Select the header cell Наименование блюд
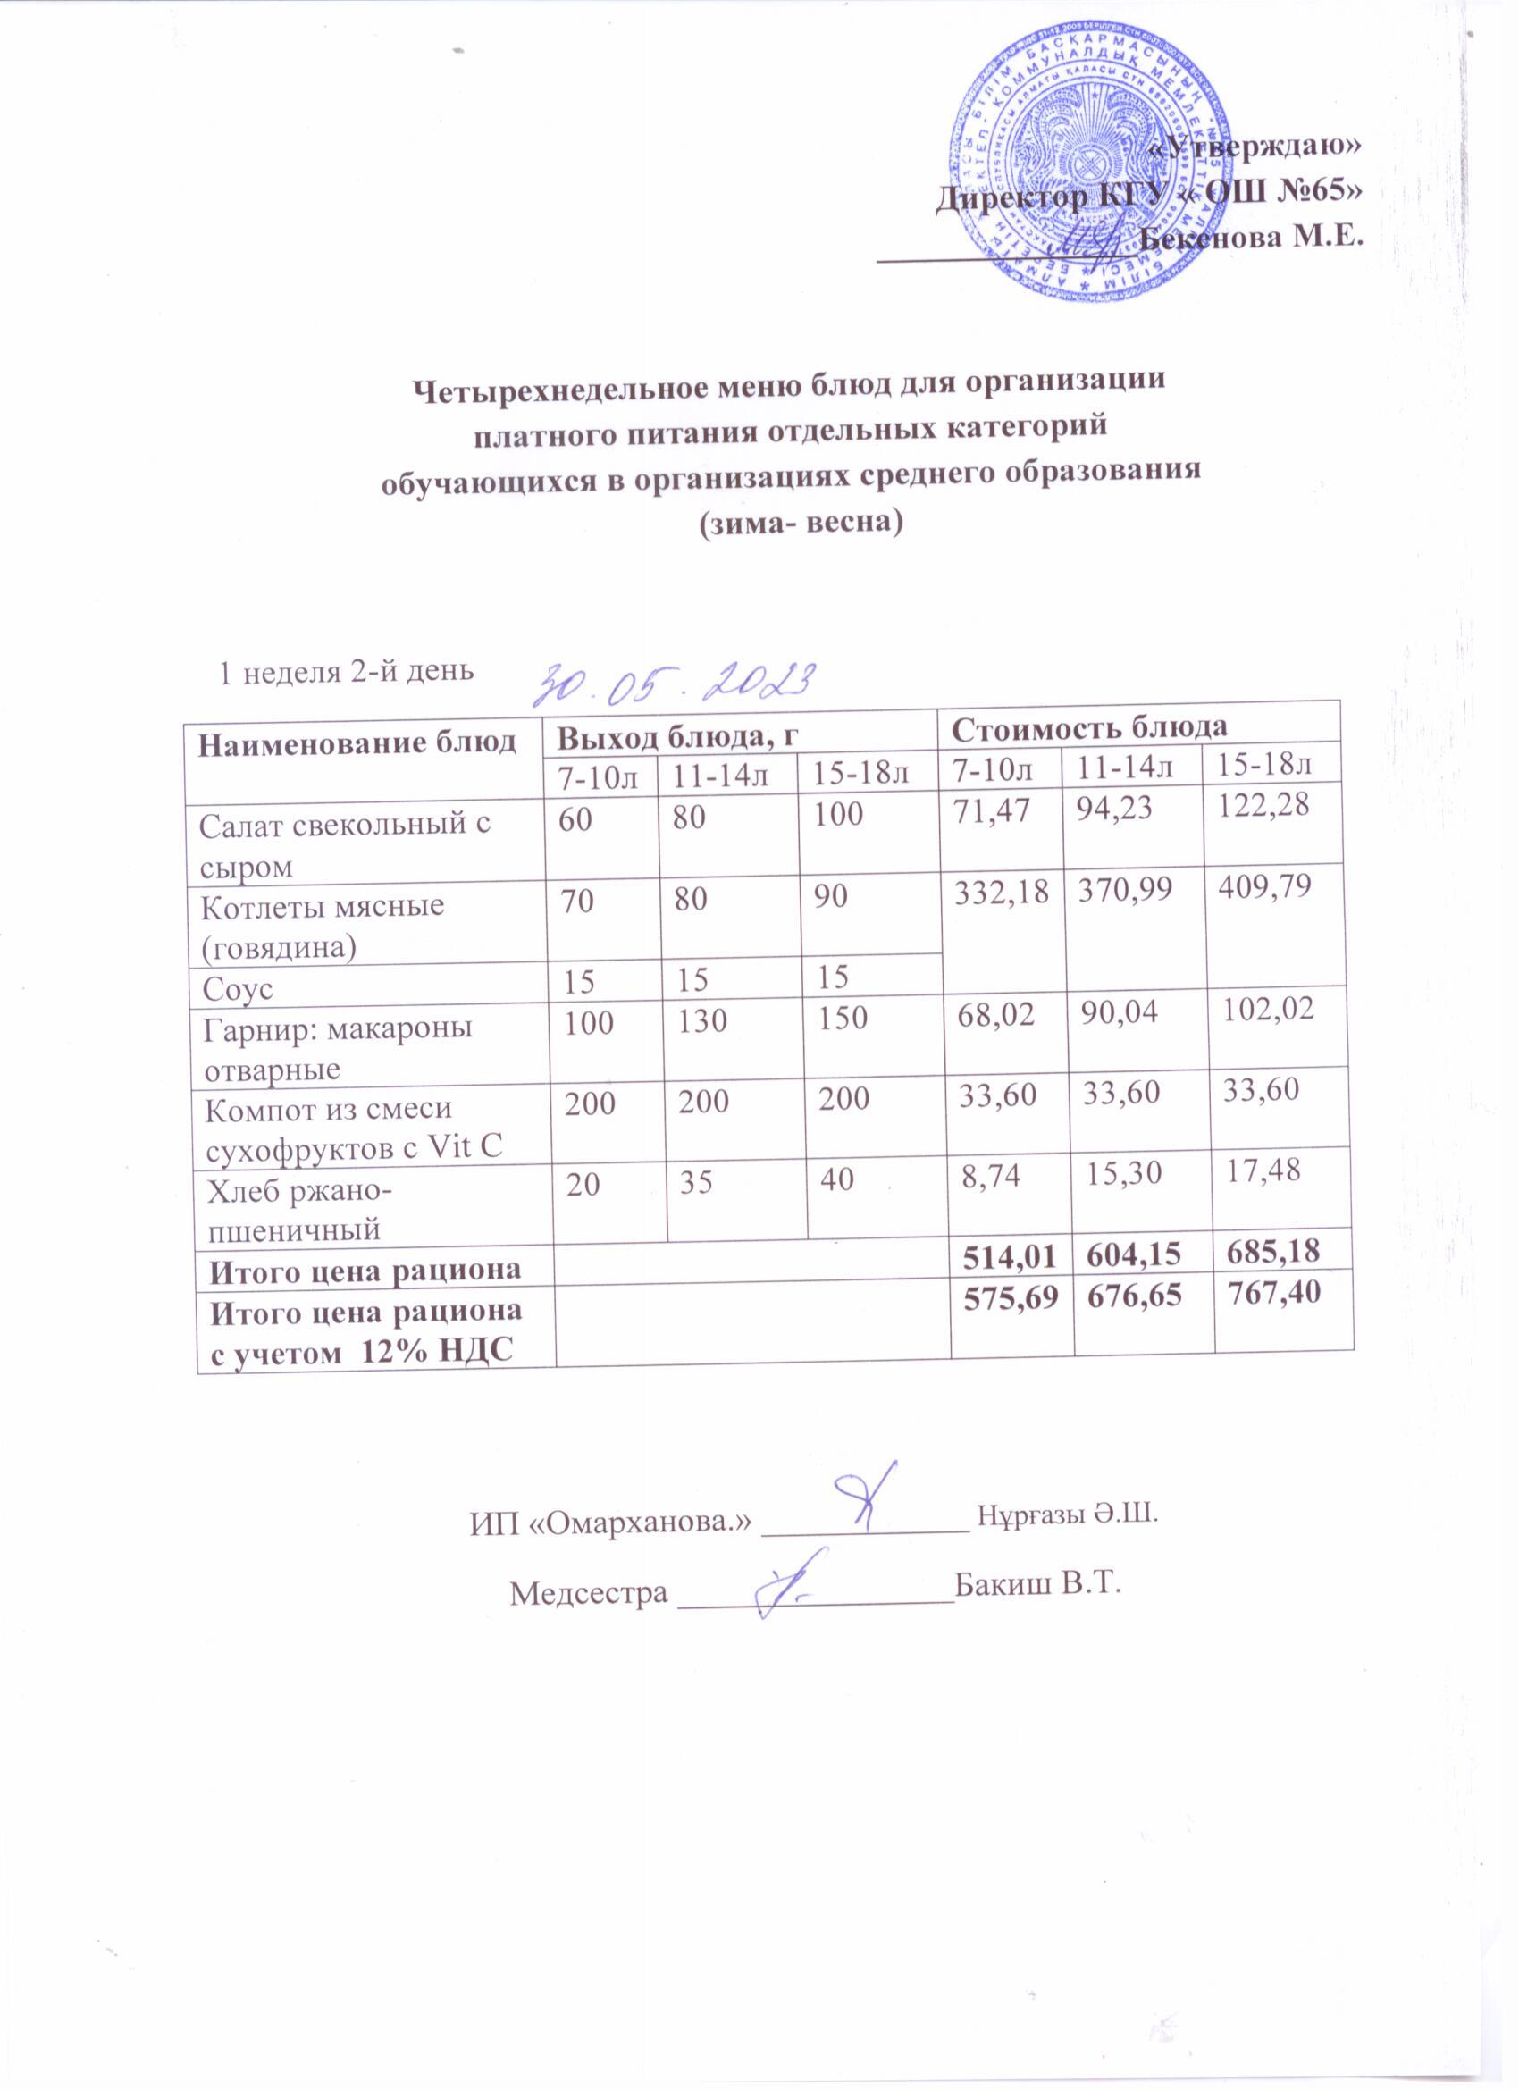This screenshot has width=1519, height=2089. tap(358, 743)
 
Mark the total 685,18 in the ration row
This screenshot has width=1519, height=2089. tap(1275, 1251)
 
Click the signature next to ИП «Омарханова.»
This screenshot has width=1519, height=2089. tap(866, 1499)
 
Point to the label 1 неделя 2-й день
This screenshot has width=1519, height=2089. tap(344, 670)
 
